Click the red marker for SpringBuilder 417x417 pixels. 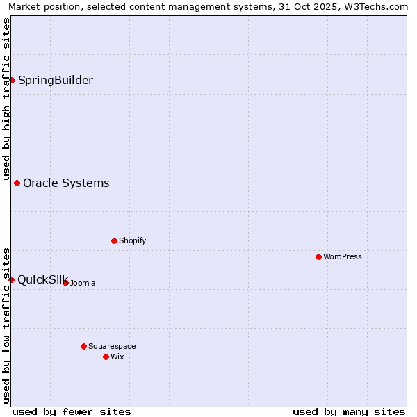(x=12, y=80)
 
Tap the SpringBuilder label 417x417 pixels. (x=56, y=80)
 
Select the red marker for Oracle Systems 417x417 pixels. (x=17, y=183)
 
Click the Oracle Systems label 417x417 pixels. (x=66, y=183)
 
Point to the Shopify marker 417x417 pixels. (x=115, y=240)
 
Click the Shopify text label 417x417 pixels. (x=132, y=241)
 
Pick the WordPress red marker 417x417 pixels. (x=319, y=256)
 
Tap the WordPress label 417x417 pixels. (x=343, y=257)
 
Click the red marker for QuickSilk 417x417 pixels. (x=12, y=279)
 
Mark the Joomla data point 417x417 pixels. (x=66, y=283)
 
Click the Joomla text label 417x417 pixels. (x=83, y=284)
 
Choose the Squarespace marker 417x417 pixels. (x=84, y=346)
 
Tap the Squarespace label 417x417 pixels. (x=112, y=347)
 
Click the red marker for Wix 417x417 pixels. (x=106, y=357)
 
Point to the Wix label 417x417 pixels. (x=117, y=357)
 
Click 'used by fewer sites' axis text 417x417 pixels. (x=72, y=411)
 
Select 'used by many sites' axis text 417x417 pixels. (x=349, y=411)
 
